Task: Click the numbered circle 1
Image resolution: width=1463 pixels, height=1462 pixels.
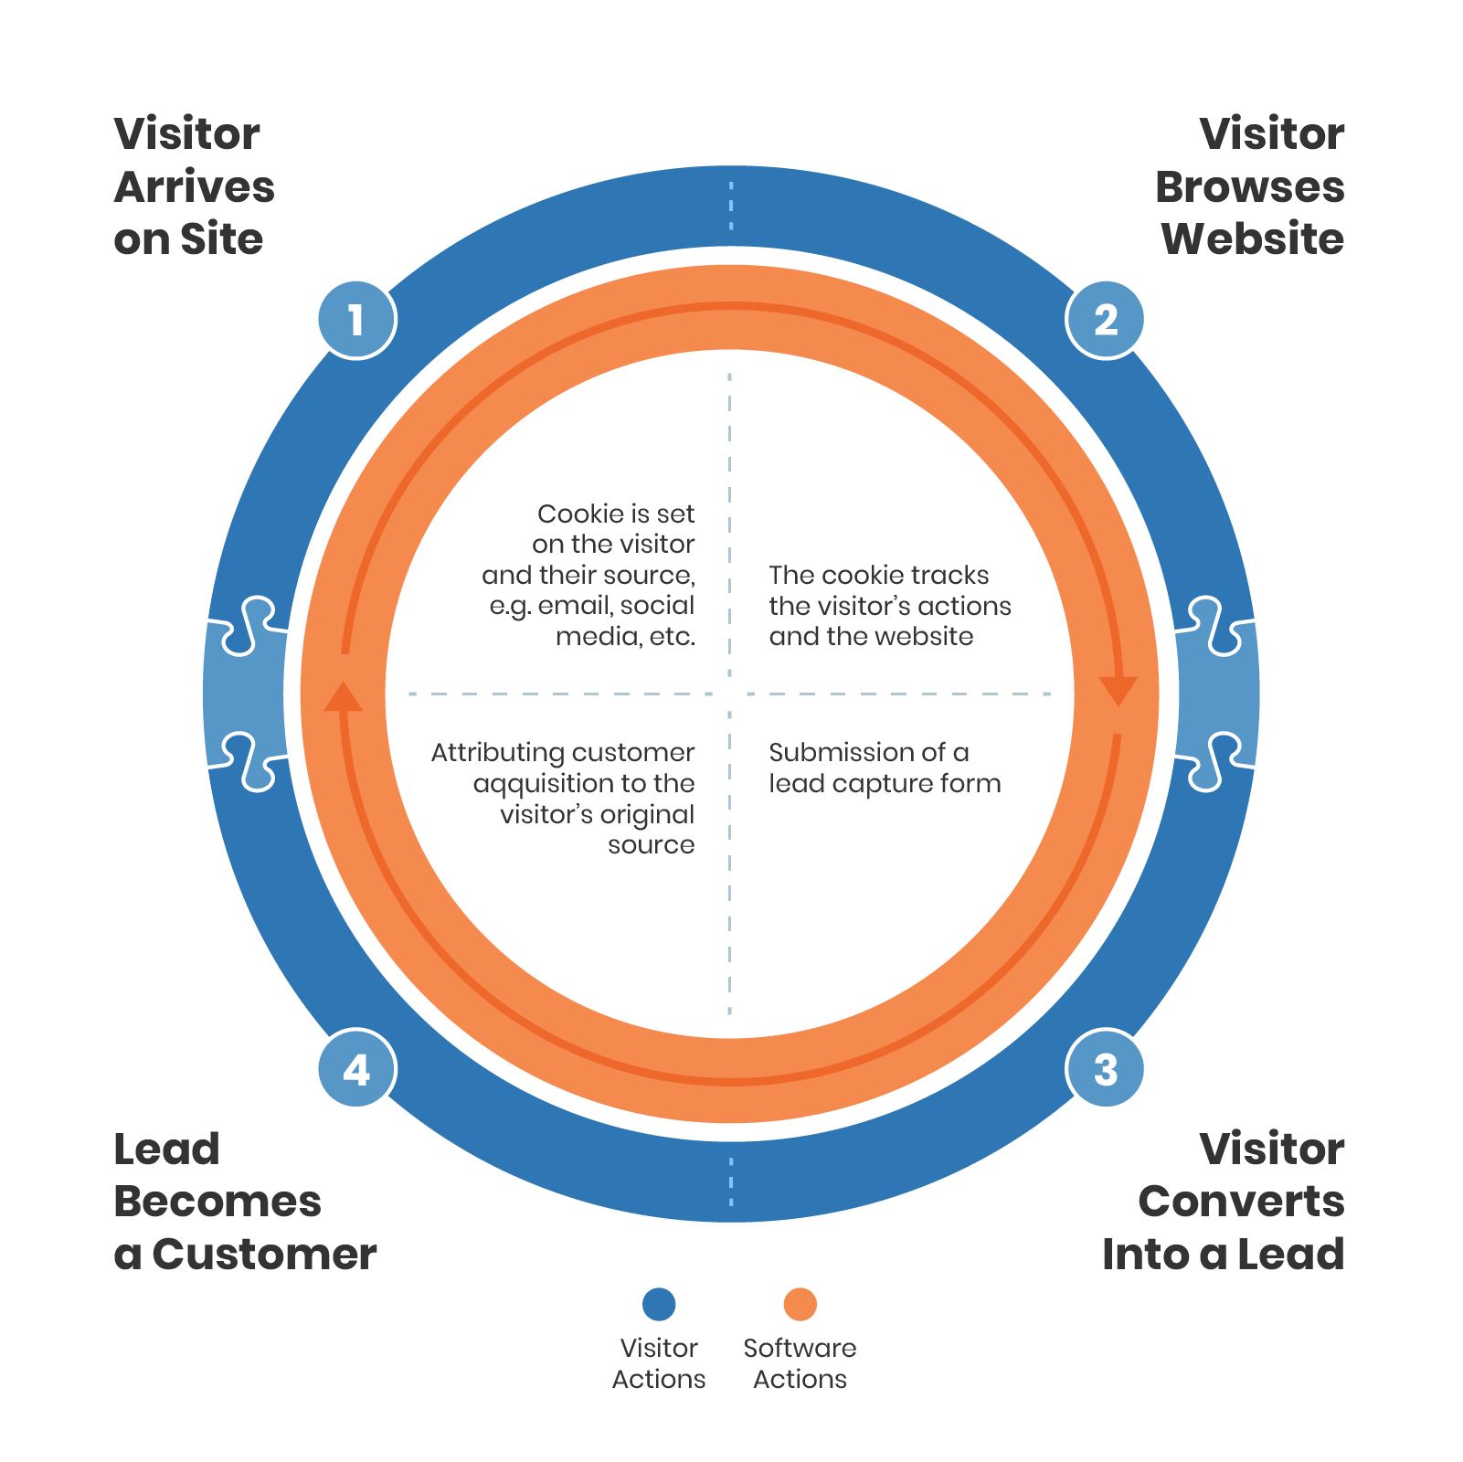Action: [356, 320]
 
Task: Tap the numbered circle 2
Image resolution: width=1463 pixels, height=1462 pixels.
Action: [1106, 320]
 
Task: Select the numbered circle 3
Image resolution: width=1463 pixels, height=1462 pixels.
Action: [1106, 1069]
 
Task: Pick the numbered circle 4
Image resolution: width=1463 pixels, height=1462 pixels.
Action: [356, 1069]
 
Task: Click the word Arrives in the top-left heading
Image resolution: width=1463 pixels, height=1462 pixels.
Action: [194, 187]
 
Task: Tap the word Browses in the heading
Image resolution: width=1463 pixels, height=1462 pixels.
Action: [1249, 187]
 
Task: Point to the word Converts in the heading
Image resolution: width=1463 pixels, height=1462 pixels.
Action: [1241, 1202]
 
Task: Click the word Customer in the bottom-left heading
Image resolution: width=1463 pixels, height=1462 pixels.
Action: [264, 1255]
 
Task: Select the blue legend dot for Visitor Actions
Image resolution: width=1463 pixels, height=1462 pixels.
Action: [659, 1304]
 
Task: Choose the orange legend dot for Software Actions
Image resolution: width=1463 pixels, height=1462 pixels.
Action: [800, 1304]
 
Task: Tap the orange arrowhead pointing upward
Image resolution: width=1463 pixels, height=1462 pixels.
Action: [344, 697]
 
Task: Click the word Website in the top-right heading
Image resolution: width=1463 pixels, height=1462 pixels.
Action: [1252, 239]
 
